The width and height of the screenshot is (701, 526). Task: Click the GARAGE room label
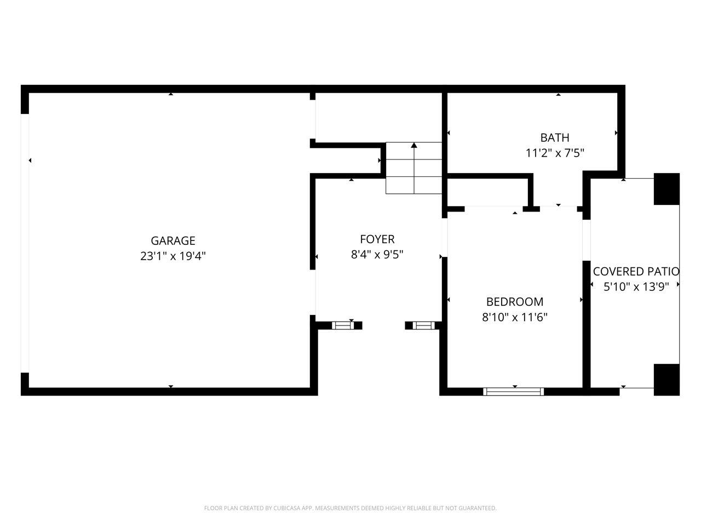tap(173, 241)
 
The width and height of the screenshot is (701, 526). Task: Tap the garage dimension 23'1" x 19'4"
tap(173, 256)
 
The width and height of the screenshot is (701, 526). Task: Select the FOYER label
tap(377, 239)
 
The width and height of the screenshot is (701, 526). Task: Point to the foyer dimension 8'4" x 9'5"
tap(377, 255)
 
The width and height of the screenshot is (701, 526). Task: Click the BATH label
tap(555, 138)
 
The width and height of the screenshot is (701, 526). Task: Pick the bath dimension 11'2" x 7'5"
tap(555, 153)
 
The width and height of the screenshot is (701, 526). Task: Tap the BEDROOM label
tap(515, 302)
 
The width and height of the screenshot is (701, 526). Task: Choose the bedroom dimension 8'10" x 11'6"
tap(515, 317)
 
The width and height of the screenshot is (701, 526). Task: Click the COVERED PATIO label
tap(636, 271)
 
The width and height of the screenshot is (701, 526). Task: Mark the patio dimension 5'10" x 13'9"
tap(636, 287)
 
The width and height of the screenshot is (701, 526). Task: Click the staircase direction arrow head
tap(414, 145)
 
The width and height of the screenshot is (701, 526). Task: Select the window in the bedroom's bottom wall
tap(514, 392)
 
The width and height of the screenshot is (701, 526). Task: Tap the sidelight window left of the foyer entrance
tap(343, 325)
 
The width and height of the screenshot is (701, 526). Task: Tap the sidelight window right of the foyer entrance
tap(424, 325)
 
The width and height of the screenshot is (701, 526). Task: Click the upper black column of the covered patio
tap(666, 189)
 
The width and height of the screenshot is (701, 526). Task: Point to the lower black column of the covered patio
tap(666, 380)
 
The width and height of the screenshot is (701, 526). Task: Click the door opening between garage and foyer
tap(313, 292)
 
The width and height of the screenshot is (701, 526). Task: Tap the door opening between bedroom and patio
tap(587, 240)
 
